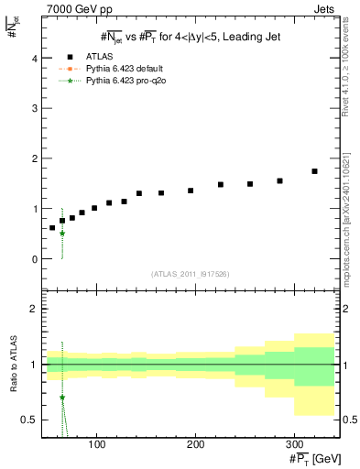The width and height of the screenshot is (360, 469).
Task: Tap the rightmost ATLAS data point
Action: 314,171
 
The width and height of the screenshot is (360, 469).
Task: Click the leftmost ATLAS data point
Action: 52,227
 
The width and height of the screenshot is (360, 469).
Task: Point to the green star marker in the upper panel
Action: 61,234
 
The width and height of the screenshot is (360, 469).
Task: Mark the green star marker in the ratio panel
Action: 61,398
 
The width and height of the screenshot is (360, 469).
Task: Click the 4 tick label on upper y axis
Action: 33,58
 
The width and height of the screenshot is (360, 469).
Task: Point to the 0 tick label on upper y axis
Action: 33,259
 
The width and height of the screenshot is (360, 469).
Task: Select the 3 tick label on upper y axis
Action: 33,108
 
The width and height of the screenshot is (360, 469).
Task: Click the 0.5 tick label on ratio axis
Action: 28,420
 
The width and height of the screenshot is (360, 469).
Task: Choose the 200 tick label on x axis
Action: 195,444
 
